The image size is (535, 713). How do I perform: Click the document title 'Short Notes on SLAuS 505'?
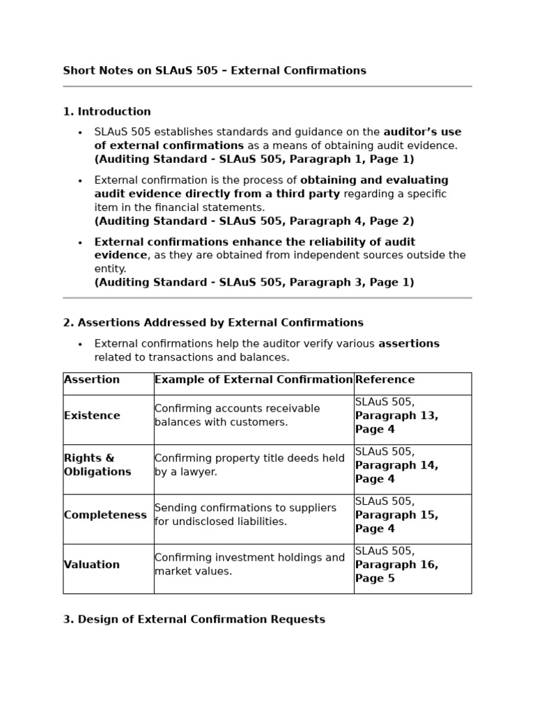click(214, 71)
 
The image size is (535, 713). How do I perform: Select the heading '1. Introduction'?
click(107, 112)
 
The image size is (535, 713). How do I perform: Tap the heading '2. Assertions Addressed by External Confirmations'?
click(213, 323)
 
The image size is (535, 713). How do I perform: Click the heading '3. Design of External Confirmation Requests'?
click(194, 620)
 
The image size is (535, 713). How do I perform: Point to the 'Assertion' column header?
click(92, 380)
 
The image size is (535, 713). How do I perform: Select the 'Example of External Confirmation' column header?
click(254, 380)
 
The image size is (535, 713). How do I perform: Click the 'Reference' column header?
click(385, 380)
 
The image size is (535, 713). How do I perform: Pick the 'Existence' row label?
click(92, 416)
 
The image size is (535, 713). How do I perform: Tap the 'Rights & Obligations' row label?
click(98, 465)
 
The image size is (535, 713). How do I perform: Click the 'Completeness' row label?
click(105, 515)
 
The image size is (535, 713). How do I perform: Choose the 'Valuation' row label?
click(92, 565)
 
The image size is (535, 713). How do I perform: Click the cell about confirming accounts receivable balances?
click(237, 416)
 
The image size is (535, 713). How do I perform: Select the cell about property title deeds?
click(249, 465)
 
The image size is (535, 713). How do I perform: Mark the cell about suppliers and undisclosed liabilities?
click(245, 515)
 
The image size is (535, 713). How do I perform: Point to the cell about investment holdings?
click(249, 565)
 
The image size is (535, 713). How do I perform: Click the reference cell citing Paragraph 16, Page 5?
click(396, 565)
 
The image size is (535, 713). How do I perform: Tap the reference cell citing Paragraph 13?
click(396, 416)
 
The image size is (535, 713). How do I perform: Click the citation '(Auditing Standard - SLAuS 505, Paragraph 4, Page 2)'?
click(254, 221)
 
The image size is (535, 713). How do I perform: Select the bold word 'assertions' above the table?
click(409, 344)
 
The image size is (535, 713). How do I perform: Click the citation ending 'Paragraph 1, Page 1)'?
click(254, 159)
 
